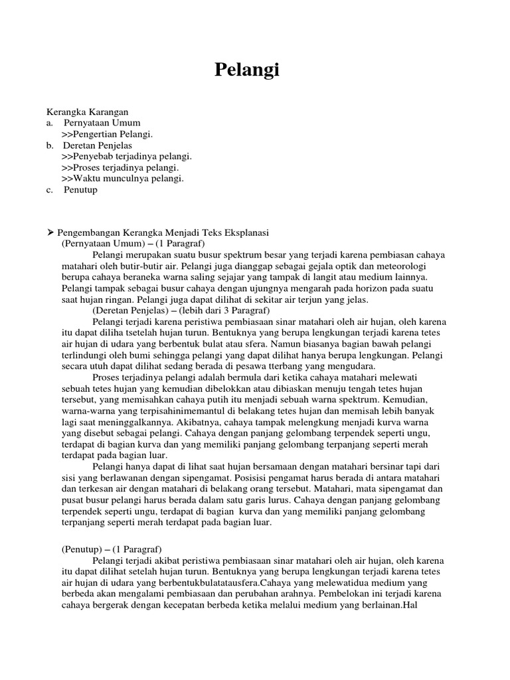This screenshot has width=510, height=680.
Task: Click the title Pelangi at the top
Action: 247,70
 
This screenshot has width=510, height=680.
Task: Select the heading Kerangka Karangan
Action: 86,112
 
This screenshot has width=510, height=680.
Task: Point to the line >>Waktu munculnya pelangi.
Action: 122,179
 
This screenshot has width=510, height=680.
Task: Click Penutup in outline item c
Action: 80,190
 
